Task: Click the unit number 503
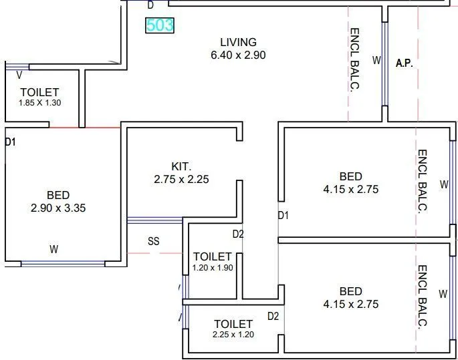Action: click(x=160, y=26)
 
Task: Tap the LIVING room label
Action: click(x=237, y=42)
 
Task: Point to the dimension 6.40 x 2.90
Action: click(x=237, y=55)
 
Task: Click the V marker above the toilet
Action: click(x=19, y=74)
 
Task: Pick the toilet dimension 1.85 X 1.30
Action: click(x=39, y=103)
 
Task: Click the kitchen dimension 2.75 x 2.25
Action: click(x=181, y=179)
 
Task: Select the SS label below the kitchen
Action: click(x=153, y=242)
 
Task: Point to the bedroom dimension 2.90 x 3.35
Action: click(x=58, y=208)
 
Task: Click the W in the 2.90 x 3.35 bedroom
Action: click(x=54, y=250)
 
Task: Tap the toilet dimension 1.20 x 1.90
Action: click(x=212, y=268)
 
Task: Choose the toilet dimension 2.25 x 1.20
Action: click(x=233, y=335)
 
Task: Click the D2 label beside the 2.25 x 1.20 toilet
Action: click(x=273, y=316)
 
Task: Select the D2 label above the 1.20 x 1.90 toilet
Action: click(x=238, y=234)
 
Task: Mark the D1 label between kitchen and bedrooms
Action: click(x=283, y=216)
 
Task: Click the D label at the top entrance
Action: click(x=150, y=5)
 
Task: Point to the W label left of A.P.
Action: click(x=376, y=60)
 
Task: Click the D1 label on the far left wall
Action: click(x=10, y=142)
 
